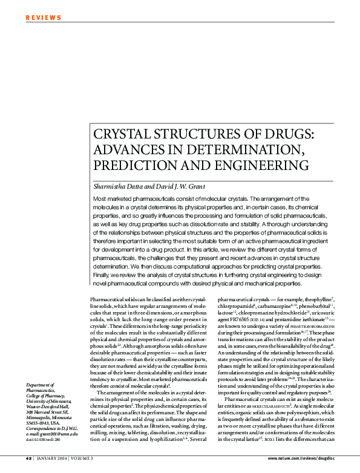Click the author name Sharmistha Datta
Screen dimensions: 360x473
click(x=117, y=185)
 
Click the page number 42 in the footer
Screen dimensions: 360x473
click(x=28, y=458)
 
